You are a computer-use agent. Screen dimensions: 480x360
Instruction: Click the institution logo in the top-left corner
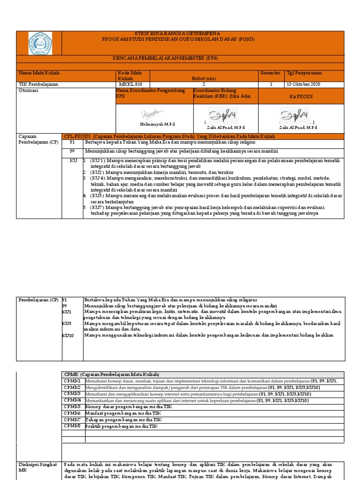[40, 44]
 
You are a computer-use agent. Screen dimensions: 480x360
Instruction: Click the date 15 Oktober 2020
[303, 84]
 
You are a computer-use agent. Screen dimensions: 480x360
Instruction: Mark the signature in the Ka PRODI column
[294, 114]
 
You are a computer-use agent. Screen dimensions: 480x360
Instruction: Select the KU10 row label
[68, 335]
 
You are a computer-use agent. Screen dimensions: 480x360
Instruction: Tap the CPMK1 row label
[72, 381]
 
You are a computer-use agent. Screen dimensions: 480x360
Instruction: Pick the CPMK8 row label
[72, 427]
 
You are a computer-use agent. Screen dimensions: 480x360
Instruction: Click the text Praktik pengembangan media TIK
[122, 427]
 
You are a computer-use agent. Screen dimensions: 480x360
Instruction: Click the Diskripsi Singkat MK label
[37, 467]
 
